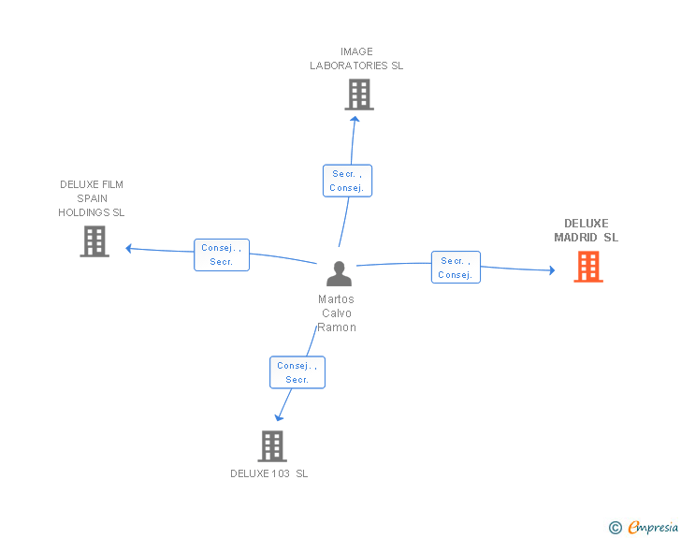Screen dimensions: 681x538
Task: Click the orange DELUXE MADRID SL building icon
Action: (588, 267)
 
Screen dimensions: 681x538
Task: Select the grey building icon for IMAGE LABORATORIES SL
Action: (359, 95)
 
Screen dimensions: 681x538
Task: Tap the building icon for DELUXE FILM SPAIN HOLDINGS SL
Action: (94, 241)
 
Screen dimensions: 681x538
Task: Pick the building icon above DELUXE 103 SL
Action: (272, 446)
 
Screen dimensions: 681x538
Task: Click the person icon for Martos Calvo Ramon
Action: (339, 273)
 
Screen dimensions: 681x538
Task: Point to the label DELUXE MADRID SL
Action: (586, 230)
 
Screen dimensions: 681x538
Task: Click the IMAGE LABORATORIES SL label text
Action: (356, 59)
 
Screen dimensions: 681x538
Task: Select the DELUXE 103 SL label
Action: (268, 473)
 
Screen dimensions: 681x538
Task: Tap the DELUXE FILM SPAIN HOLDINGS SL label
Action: (92, 198)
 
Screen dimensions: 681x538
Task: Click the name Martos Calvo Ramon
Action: (337, 313)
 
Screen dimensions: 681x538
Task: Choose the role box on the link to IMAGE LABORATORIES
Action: (347, 181)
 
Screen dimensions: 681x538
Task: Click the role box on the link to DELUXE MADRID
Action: (456, 268)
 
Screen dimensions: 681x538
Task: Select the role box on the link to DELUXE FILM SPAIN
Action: (222, 254)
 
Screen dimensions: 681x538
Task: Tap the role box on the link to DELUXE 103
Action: (297, 372)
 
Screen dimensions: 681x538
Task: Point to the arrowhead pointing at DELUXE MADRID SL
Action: (552, 270)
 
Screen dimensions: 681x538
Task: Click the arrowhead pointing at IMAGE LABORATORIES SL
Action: (355, 119)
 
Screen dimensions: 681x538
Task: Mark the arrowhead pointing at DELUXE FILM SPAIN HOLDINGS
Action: (128, 248)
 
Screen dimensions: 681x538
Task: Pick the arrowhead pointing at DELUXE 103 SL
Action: (279, 418)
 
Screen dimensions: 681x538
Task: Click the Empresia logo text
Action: (653, 527)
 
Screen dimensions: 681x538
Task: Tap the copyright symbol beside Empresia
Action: (616, 528)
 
